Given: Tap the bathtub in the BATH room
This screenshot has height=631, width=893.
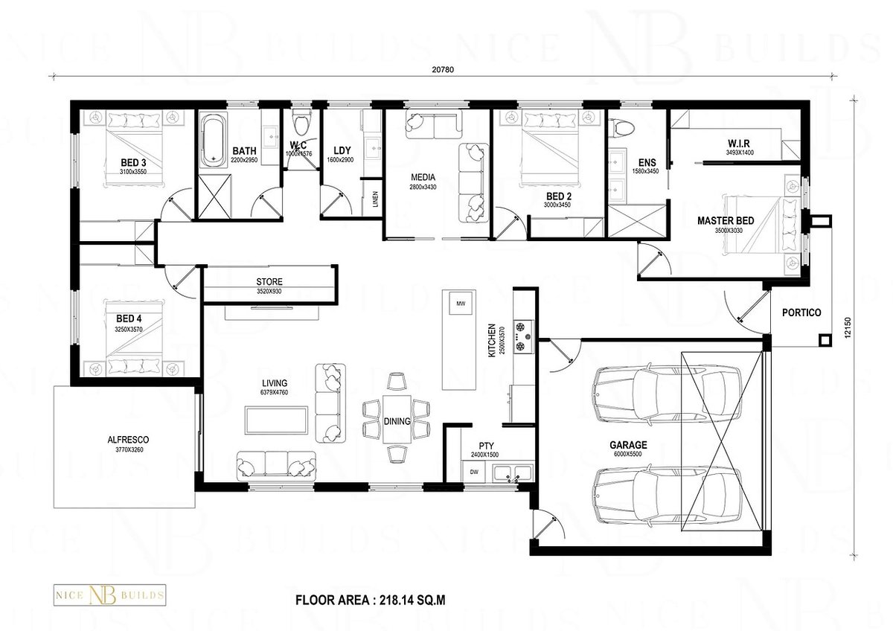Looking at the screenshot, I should pyautogui.click(x=212, y=140).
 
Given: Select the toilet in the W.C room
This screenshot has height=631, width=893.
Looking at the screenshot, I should pyautogui.click(x=301, y=123).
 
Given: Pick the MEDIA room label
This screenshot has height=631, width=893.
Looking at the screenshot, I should pyautogui.click(x=422, y=177).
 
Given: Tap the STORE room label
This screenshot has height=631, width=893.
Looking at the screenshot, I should pyautogui.click(x=269, y=282).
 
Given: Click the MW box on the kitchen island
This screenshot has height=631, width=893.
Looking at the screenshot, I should pyautogui.click(x=461, y=304).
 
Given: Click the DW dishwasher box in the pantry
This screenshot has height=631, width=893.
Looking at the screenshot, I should pyautogui.click(x=473, y=471).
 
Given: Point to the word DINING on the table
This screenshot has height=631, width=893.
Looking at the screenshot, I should pyautogui.click(x=397, y=421).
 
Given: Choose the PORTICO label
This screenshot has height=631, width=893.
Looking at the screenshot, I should pyautogui.click(x=801, y=313).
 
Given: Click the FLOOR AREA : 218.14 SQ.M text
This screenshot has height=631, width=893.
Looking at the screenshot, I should pyautogui.click(x=371, y=598).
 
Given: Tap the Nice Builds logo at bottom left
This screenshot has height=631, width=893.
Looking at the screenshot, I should pyautogui.click(x=108, y=595).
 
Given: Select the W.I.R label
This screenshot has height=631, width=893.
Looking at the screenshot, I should pyautogui.click(x=739, y=144).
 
